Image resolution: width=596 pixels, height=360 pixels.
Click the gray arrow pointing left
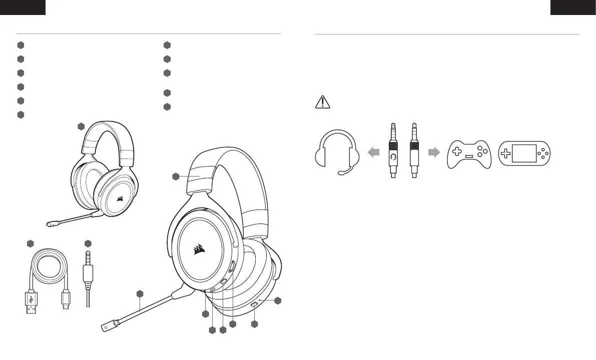(x=373, y=153)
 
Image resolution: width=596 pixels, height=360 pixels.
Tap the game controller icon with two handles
(x=469, y=153)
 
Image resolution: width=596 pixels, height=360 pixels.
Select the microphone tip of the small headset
(x=50, y=224)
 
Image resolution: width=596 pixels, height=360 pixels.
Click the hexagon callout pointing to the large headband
(x=176, y=176)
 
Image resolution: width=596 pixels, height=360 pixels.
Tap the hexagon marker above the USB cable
(x=30, y=243)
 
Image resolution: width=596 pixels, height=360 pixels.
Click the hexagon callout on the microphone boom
(x=140, y=293)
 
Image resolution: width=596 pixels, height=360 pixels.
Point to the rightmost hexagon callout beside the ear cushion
(x=279, y=300)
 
